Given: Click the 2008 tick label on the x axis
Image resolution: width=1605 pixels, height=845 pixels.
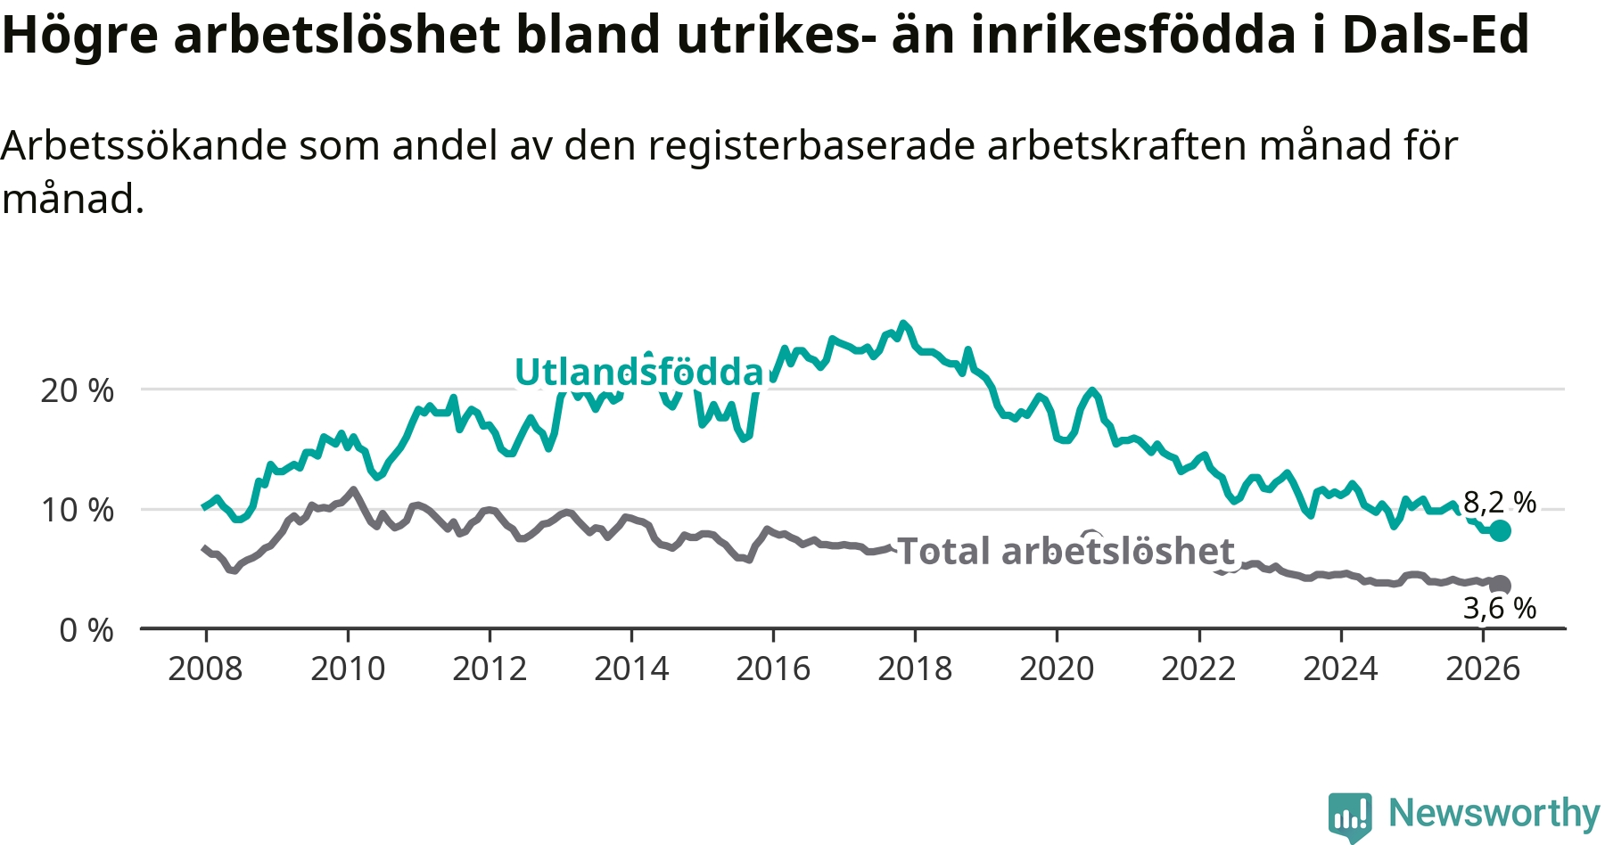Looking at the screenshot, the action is point(205,669).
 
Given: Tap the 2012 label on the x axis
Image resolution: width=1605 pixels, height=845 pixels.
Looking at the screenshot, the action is point(490,669).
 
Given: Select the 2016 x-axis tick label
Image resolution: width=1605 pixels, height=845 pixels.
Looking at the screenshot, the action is point(773,669).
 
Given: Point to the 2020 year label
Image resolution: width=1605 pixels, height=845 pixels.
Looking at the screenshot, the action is point(1057,669).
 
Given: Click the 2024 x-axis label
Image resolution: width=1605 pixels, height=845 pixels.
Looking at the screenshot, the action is point(1340,669).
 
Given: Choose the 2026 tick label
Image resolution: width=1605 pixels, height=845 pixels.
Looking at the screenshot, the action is point(1483,669).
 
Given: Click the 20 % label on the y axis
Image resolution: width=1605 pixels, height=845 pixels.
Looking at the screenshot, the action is point(78,390).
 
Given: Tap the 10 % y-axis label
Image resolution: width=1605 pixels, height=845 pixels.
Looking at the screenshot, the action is point(78,510).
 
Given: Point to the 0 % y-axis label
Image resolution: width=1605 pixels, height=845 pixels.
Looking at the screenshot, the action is point(86,630).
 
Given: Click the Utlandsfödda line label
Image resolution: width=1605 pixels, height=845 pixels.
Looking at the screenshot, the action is point(639,372).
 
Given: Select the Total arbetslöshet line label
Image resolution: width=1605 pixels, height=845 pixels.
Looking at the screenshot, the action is point(1066,551).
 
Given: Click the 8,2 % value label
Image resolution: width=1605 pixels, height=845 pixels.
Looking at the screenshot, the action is point(1500,503).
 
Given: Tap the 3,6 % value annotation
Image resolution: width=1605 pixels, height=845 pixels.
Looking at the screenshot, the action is point(1500,608).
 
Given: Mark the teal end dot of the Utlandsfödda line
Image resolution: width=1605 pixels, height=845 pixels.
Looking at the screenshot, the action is point(1500,531).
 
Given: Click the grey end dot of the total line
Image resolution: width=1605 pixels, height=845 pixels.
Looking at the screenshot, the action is point(1501,585).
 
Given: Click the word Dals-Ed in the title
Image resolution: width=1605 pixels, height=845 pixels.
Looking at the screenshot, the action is point(1436,35).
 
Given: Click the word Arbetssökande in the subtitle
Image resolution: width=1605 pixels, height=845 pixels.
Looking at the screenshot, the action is point(144,145).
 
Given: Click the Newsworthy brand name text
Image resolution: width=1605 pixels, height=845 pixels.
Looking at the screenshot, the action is point(1494,813).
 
